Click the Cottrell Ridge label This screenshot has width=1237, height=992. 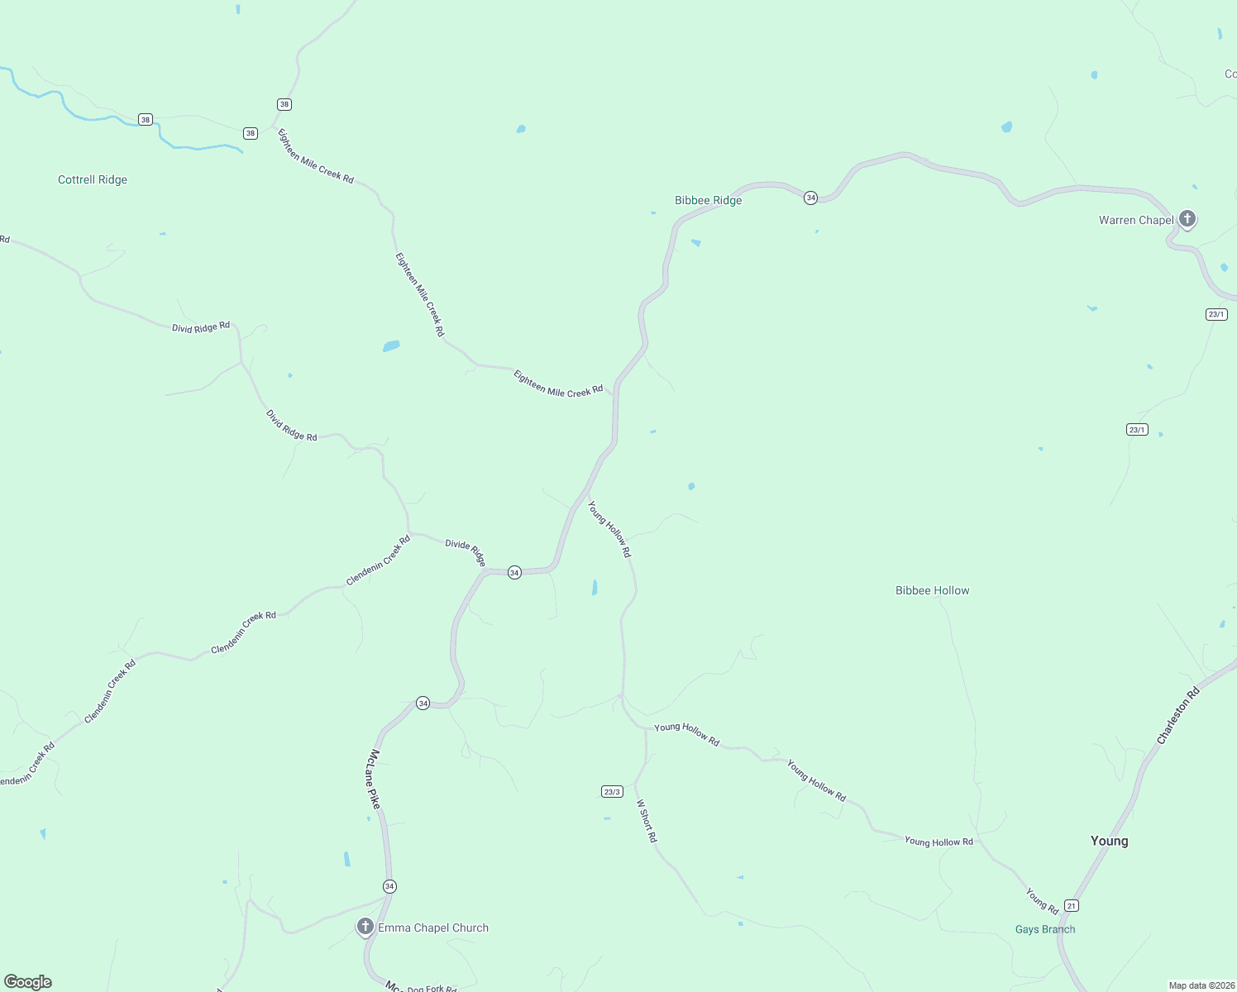tap(93, 180)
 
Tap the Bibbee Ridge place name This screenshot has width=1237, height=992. tap(708, 201)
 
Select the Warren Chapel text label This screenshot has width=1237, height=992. tap(1136, 220)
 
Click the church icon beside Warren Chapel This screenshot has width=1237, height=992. tap(1187, 219)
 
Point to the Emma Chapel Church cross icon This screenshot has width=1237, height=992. tap(365, 926)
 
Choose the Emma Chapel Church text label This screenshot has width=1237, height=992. tap(433, 928)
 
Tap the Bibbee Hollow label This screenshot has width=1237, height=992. tap(932, 591)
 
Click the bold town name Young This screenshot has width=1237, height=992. tap(1109, 841)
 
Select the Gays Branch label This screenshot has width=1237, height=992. tap(1045, 930)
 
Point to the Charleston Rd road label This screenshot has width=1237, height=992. tap(1178, 716)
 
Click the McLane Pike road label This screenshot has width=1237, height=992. tap(375, 778)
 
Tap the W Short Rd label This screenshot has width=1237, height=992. tap(647, 821)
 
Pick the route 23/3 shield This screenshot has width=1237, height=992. tap(612, 792)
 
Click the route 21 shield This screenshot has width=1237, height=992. tap(1072, 906)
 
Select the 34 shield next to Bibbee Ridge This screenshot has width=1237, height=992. tap(811, 198)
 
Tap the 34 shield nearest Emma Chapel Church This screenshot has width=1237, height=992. tap(389, 886)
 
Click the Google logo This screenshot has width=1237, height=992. tap(28, 982)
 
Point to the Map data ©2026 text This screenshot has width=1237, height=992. tap(1201, 985)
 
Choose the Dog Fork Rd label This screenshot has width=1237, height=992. tap(432, 989)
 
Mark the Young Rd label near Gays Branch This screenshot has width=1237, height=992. tap(1042, 901)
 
